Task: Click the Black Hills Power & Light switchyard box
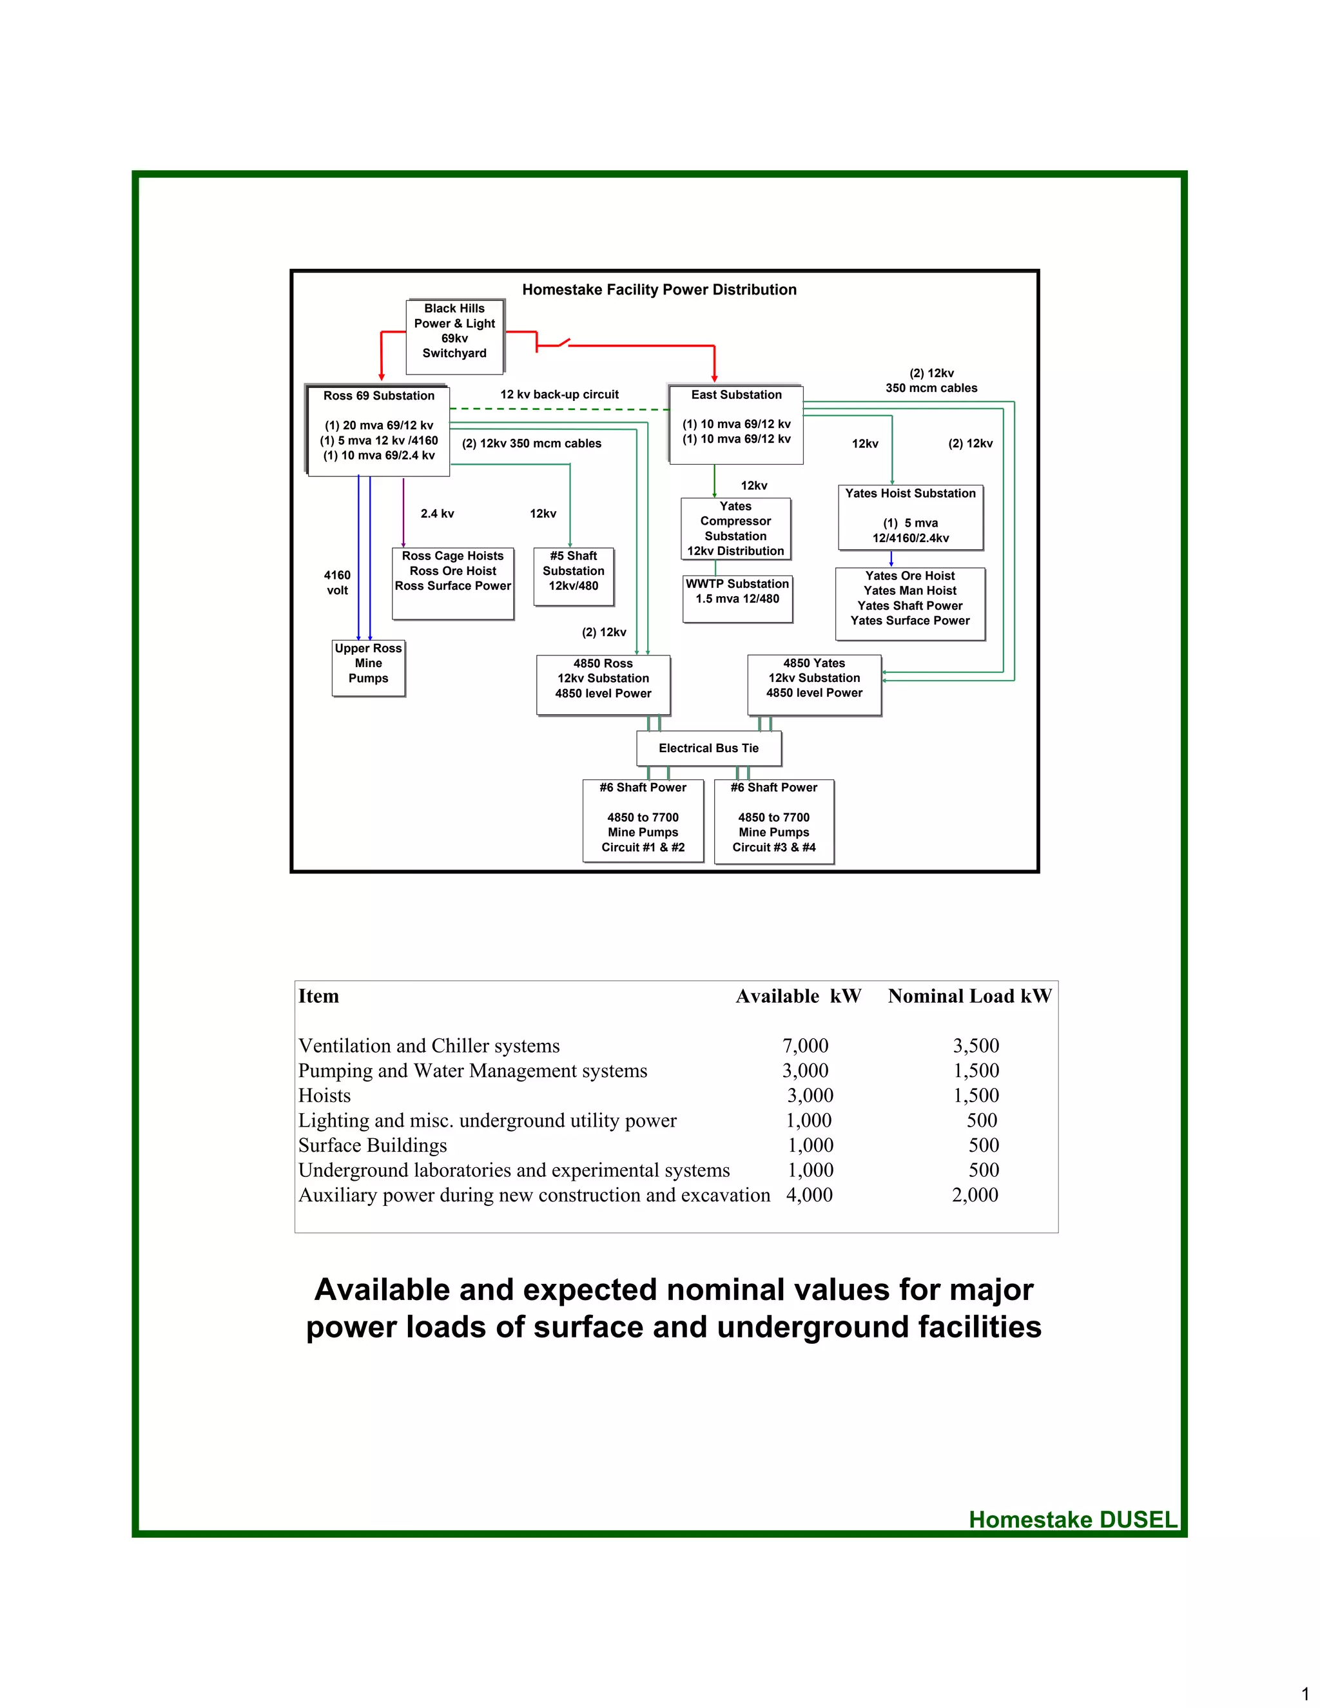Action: coord(454,336)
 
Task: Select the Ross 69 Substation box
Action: coord(378,429)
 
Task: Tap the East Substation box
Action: coord(736,424)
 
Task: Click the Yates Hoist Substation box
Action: coord(910,517)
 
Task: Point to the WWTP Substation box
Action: coord(737,598)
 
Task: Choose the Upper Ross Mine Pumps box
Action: coord(368,668)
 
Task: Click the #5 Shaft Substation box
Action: coord(573,576)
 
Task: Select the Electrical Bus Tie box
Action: coord(708,748)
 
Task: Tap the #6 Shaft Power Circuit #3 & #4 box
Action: coord(773,821)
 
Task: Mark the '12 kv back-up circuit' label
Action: coord(559,395)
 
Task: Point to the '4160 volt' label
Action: coord(337,583)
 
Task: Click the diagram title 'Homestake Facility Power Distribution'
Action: coord(659,289)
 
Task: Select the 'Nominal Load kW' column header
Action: coord(969,996)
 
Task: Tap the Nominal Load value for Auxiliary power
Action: coord(975,1195)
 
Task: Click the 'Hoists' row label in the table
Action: coord(325,1096)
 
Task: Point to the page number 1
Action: coord(1305,1694)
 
